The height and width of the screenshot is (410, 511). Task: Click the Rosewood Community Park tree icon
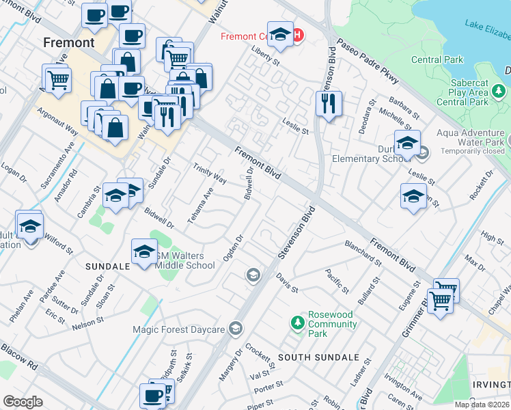pos(297,321)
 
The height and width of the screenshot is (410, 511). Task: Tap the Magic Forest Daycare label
pos(178,329)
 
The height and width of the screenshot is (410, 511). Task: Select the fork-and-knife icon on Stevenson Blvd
pos(329,104)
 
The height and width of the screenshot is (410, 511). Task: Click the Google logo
pos(23,402)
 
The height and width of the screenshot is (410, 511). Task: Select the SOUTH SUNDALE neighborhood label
pos(318,357)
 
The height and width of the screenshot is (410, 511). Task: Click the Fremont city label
pos(68,42)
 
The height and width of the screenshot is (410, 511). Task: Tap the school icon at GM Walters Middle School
pos(143,253)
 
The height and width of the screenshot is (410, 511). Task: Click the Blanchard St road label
pos(363,253)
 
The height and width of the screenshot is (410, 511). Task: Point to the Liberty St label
pos(266,56)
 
